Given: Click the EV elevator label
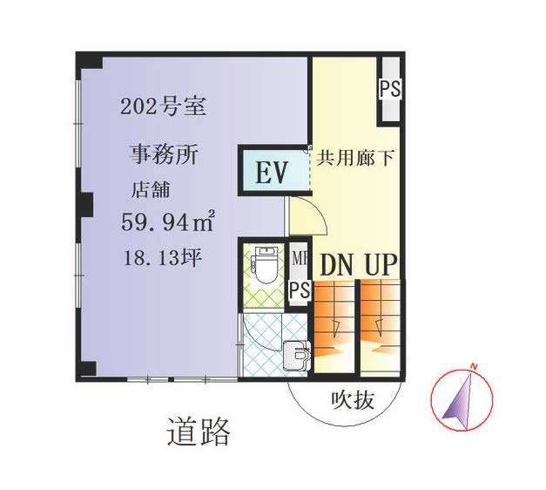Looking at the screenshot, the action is tap(271, 172).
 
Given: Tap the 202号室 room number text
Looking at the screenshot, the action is tap(164, 106).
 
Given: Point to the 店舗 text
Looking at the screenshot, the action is tap(151, 190).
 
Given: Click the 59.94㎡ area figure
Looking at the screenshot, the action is tap(167, 221).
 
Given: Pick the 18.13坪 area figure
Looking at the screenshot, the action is tap(163, 258).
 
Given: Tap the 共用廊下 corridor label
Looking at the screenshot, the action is tap(355, 158).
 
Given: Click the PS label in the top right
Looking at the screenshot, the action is tap(390, 89).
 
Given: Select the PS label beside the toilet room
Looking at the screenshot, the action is tap(300, 289).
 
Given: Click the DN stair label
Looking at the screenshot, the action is tap(336, 265).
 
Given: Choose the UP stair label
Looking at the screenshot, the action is tap(381, 265).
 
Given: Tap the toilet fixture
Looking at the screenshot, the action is tap(266, 265).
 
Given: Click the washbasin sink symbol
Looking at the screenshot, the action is tap(296, 355).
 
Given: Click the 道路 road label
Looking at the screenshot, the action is tap(199, 432).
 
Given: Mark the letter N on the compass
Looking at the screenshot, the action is tap(473, 366).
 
